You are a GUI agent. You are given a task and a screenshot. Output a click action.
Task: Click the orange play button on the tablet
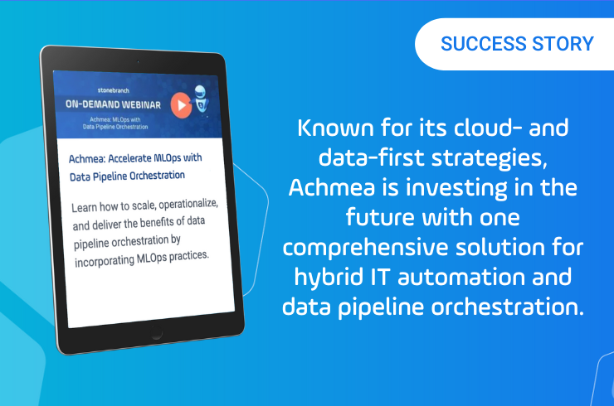[x=181, y=105]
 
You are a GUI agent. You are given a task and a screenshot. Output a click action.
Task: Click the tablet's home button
[x=157, y=333]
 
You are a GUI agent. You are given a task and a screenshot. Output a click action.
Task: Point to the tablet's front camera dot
[x=138, y=61]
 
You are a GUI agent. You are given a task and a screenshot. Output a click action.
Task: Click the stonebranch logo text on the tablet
[x=114, y=90]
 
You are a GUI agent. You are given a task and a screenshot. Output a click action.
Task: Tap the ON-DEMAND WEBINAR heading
[x=113, y=104]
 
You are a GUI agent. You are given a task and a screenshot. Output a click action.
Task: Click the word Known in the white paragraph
[x=335, y=128]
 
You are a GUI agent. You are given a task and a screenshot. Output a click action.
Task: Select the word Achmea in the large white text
[x=332, y=187]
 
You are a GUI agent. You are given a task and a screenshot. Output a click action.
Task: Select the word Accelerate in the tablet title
[x=129, y=158]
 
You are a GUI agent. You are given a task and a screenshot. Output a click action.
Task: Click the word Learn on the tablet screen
[x=84, y=207]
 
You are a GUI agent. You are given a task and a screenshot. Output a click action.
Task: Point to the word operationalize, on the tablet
[x=188, y=204]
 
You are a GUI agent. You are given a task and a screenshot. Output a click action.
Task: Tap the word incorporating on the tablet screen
[x=105, y=261]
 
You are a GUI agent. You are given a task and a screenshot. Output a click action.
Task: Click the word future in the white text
[x=380, y=217]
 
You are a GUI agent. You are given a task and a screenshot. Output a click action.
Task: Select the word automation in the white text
[x=461, y=278]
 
